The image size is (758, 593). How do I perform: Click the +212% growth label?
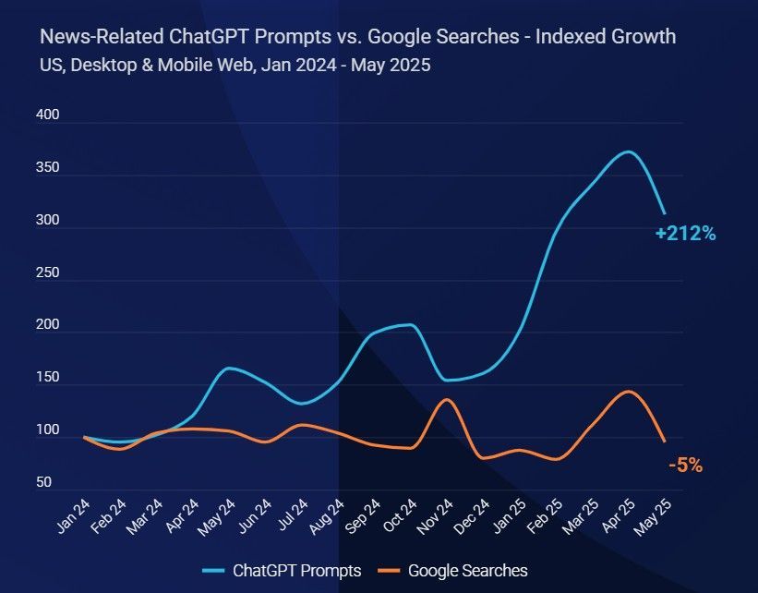pyautogui.click(x=685, y=234)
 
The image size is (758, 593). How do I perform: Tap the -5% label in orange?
pyautogui.click(x=685, y=466)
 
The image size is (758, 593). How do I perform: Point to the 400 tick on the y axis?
pyautogui.click(x=47, y=116)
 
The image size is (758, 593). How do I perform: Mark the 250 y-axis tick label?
pyautogui.click(x=47, y=273)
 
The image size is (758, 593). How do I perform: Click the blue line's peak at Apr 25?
pyautogui.click(x=628, y=151)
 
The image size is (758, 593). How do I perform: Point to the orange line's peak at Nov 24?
pyautogui.click(x=447, y=399)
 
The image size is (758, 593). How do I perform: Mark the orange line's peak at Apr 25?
pyautogui.click(x=628, y=391)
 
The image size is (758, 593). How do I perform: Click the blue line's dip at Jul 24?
pyautogui.click(x=302, y=404)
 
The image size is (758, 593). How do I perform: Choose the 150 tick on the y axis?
pyautogui.click(x=47, y=378)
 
